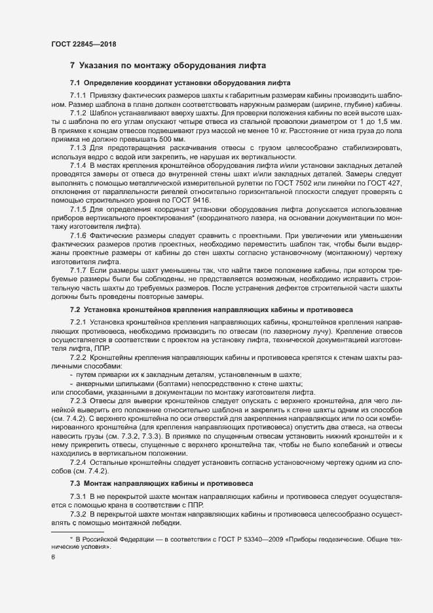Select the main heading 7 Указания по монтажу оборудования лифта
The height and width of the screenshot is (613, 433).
(168, 66)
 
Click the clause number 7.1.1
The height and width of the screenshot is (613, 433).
(79, 96)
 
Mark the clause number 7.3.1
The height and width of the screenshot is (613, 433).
(79, 496)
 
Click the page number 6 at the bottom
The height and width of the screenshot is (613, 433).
(53, 557)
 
